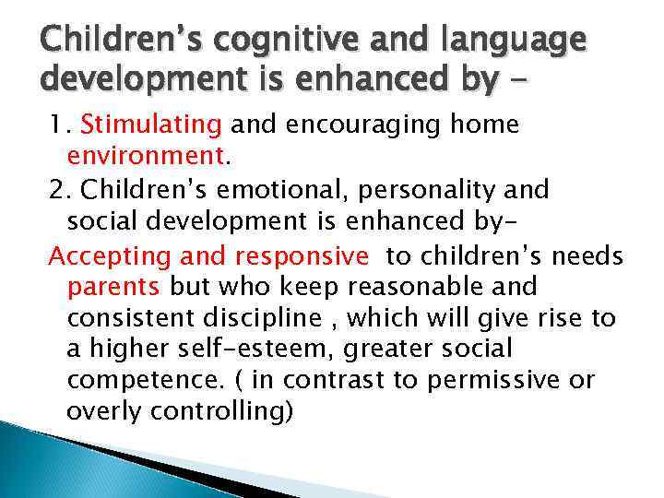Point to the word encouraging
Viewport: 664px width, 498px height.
pyautogui.click(x=355, y=125)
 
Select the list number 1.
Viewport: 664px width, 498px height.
pyautogui.click(x=57, y=125)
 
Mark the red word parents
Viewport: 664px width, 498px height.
pyautogui.click(x=113, y=288)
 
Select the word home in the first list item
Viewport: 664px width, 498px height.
pyautogui.click(x=486, y=125)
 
